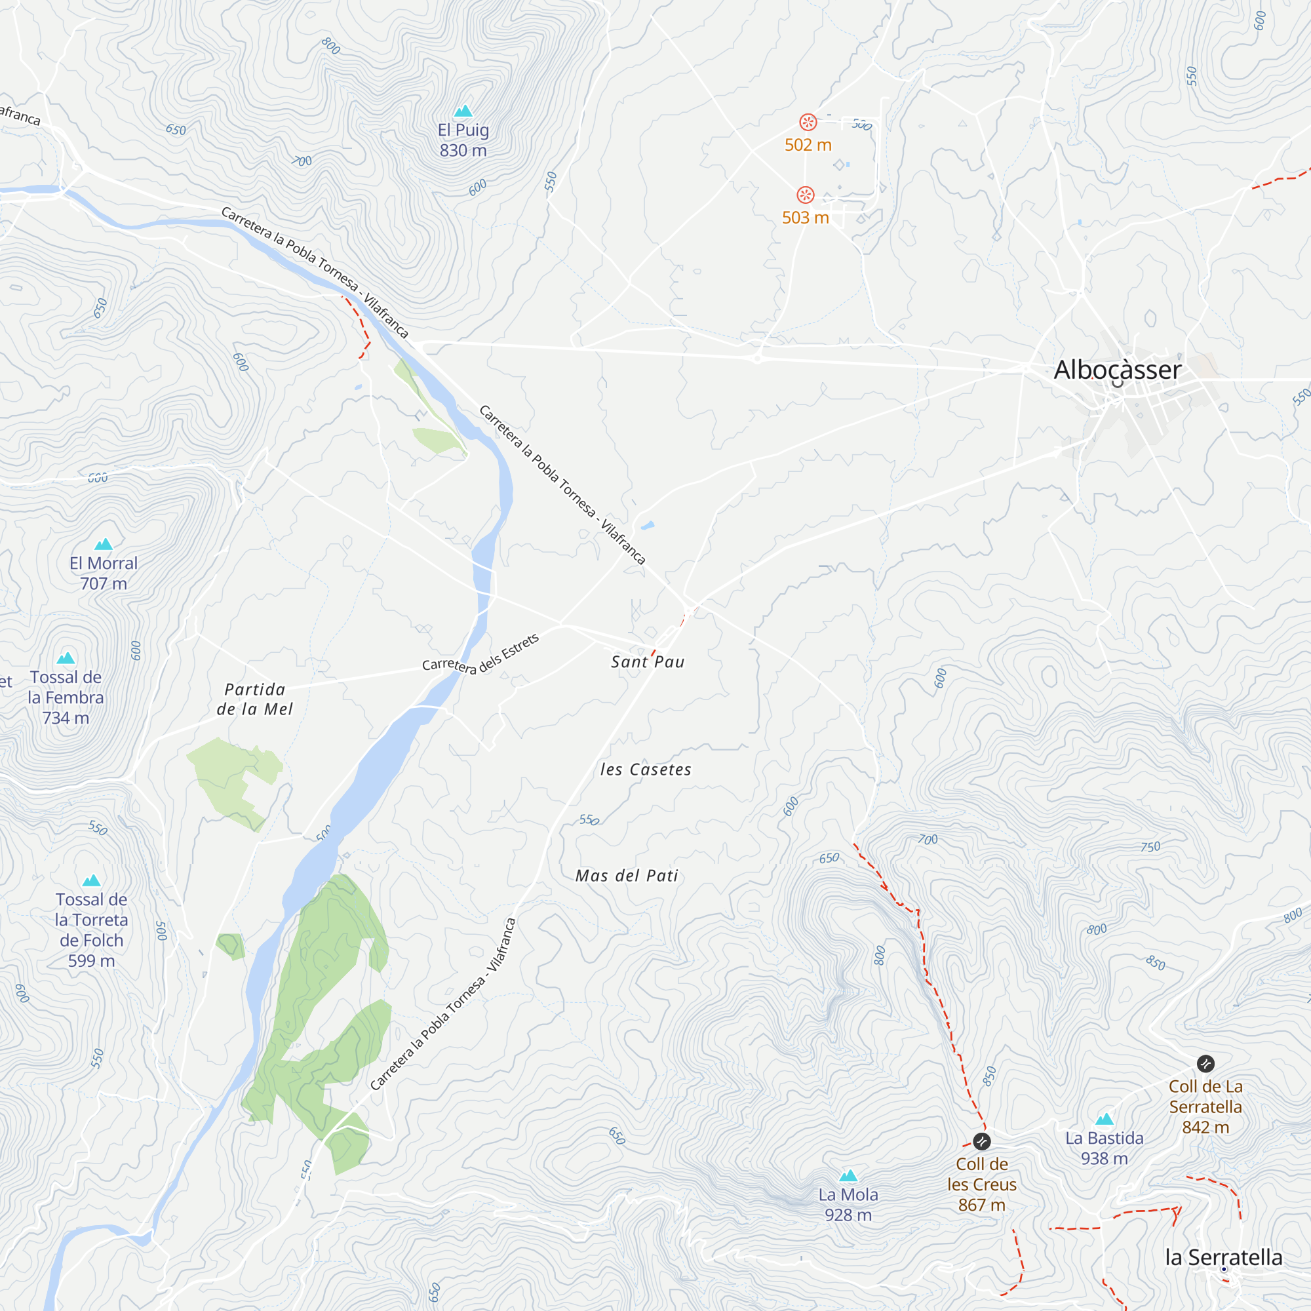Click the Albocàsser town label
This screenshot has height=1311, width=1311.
[x=1117, y=370]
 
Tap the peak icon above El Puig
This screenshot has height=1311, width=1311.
[x=463, y=111]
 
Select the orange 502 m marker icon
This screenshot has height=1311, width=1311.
[x=808, y=122]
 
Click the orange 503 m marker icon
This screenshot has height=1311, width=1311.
[x=805, y=195]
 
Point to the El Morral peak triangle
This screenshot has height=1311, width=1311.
[x=103, y=544]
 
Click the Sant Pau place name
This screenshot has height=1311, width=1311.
[x=648, y=661]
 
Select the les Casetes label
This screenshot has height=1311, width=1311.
[x=645, y=770]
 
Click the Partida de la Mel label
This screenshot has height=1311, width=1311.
[x=254, y=699]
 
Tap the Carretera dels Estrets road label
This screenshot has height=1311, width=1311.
[x=480, y=654]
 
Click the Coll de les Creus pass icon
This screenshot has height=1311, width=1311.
[x=981, y=1141]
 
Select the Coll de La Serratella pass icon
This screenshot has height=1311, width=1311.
[x=1205, y=1063]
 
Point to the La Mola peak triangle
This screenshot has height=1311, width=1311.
[x=848, y=1175]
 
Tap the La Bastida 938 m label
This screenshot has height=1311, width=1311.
[x=1104, y=1148]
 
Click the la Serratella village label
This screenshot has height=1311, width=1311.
[x=1223, y=1257]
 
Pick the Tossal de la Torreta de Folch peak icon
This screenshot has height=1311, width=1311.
[x=92, y=881]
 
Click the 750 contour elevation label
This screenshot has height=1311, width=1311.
[x=1150, y=847]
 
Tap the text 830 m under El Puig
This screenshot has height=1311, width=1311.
[x=463, y=151]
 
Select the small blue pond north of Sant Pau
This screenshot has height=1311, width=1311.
[x=648, y=525]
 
